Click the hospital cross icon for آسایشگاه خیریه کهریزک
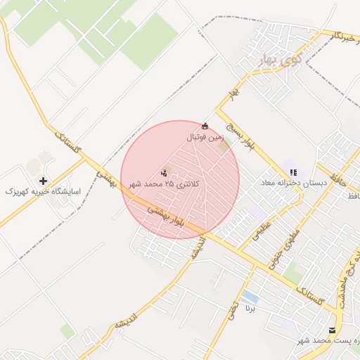(44, 181)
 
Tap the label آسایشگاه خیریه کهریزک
(44, 191)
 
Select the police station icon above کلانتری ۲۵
(165, 172)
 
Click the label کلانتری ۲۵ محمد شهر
(164, 184)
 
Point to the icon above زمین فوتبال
(205, 127)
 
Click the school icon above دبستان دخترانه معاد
(293, 172)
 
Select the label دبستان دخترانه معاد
(294, 183)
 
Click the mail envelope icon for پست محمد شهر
(332, 330)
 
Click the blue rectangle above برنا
(250, 297)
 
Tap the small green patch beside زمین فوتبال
(224, 146)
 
